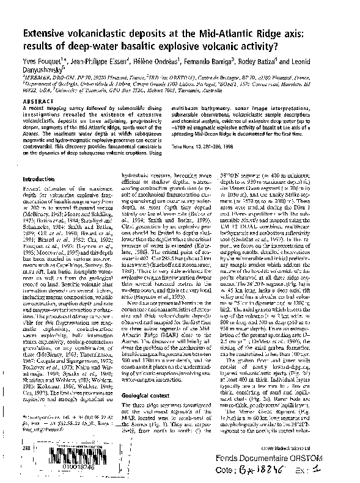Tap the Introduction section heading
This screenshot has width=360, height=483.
(39, 179)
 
